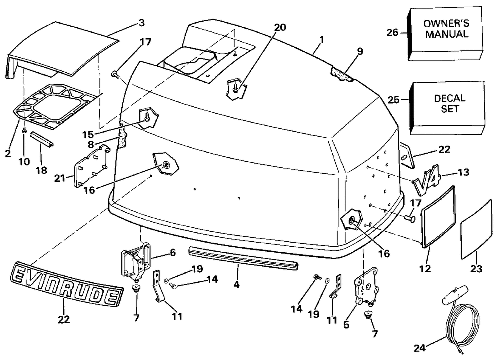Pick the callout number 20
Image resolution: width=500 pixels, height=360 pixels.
pyautogui.click(x=280, y=27)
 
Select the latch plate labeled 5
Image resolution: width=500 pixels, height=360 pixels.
pyautogui.click(x=366, y=288)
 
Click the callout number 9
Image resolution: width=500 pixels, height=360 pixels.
pyautogui.click(x=360, y=50)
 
